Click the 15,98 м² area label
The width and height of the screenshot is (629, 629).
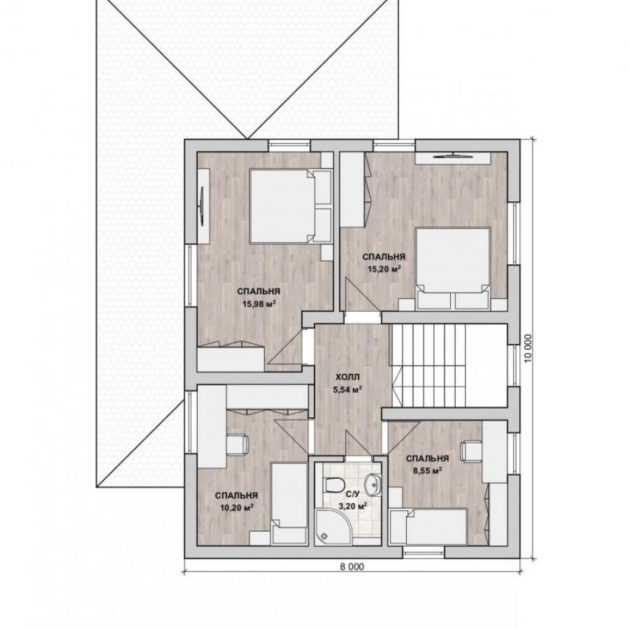point(259,304)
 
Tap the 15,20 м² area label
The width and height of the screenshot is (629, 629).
point(384,269)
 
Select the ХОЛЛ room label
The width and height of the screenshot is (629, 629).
point(348,377)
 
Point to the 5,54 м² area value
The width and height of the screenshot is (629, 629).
point(348,389)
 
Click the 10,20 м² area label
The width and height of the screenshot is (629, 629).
point(237,508)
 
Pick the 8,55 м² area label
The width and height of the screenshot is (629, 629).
point(428,470)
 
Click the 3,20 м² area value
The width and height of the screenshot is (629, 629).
point(353,507)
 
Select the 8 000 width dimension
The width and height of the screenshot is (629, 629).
point(352,566)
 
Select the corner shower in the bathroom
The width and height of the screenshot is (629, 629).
point(331,527)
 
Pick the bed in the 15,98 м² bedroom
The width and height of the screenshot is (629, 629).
point(291,206)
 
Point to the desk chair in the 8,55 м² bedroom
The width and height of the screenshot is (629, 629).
point(471,451)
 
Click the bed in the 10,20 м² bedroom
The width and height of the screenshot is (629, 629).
point(289,504)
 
